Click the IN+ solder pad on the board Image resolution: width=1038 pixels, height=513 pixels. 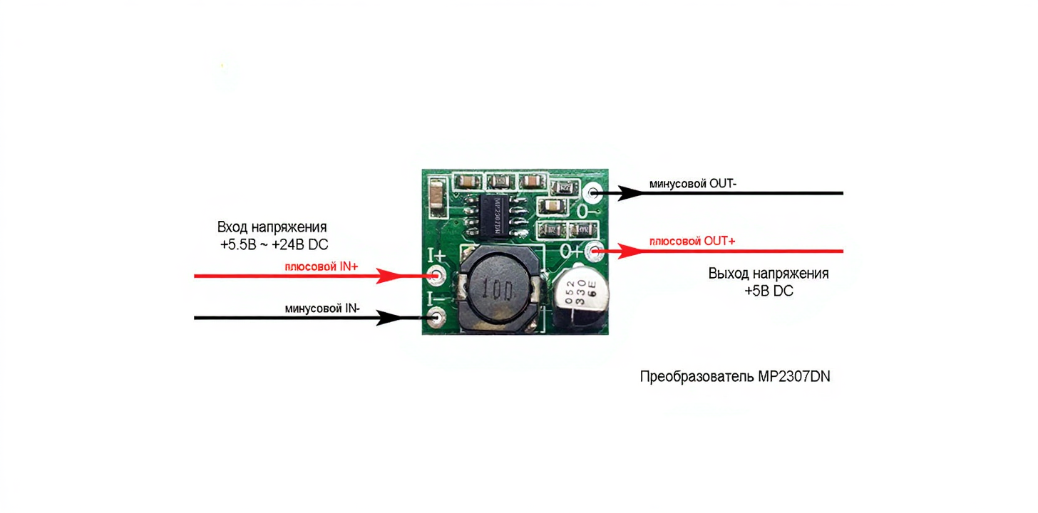[x=436, y=276]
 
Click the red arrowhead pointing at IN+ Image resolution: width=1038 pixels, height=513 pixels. [x=391, y=276]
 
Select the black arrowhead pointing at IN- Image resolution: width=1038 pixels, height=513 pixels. [x=391, y=318]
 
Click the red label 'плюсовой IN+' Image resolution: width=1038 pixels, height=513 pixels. [x=322, y=266]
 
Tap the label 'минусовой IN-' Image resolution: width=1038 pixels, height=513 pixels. [x=322, y=309]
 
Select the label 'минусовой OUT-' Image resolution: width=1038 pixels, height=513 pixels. [x=692, y=184]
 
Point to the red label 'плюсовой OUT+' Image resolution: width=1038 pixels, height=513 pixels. [x=692, y=242]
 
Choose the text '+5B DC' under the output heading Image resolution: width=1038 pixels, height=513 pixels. [x=769, y=291]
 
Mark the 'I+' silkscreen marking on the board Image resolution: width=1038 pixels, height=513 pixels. [x=436, y=255]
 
